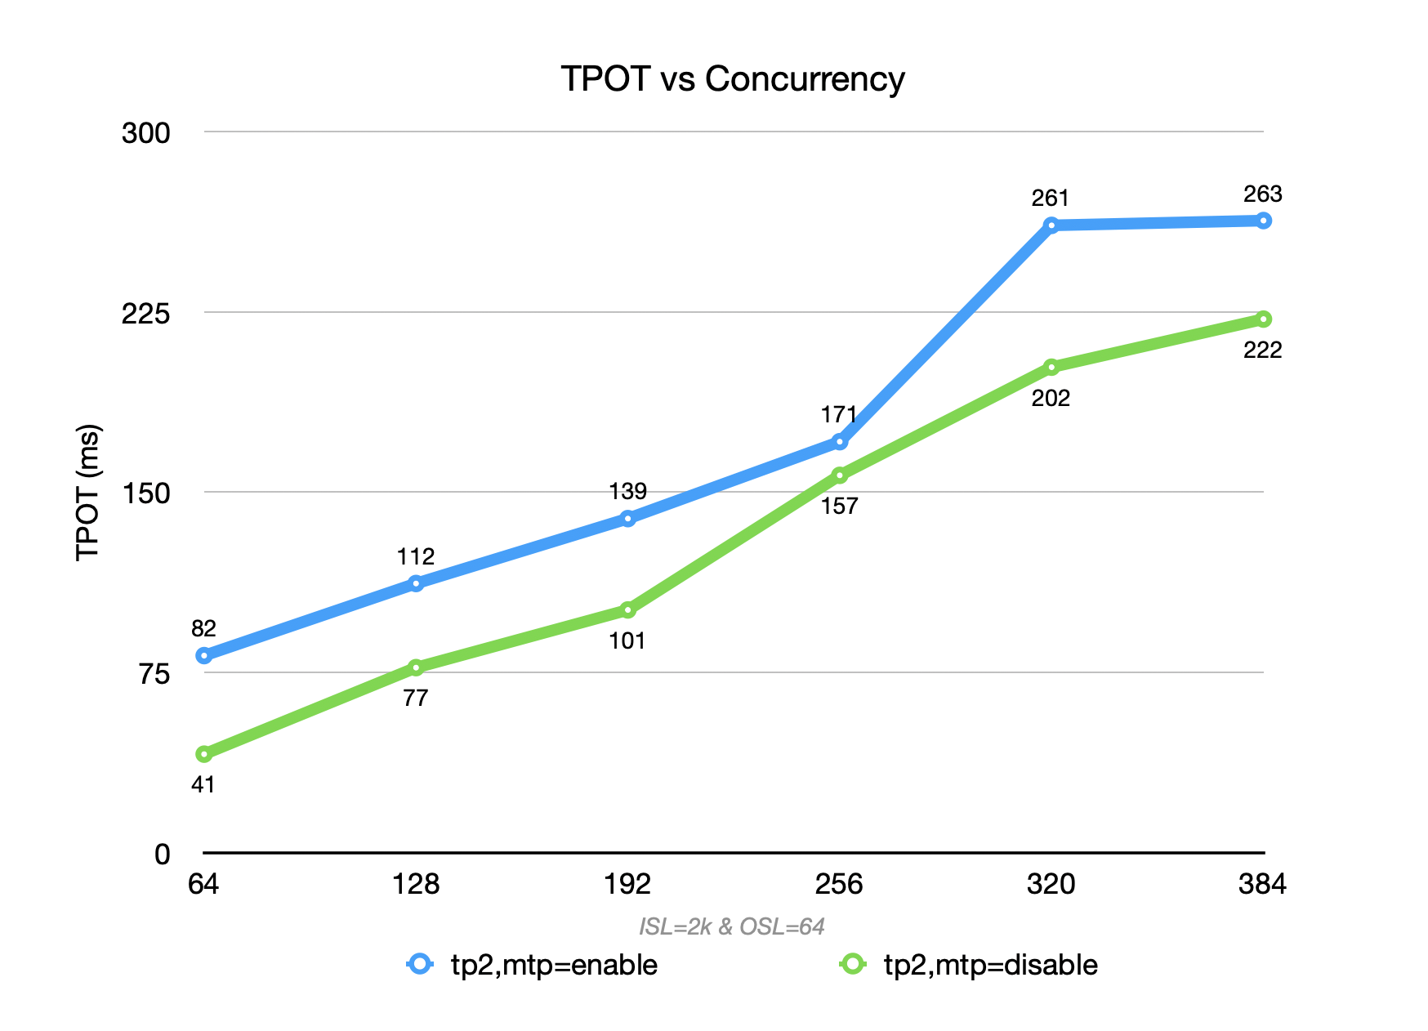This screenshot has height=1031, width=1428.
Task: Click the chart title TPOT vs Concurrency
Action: point(732,79)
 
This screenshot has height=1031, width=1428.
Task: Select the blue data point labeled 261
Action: point(1051,225)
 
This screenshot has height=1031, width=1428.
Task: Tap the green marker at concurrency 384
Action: point(1263,319)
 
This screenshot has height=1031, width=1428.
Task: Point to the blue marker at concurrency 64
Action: point(204,655)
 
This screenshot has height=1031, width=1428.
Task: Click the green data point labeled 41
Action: point(204,753)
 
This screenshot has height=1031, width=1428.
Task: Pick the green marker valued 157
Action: point(840,475)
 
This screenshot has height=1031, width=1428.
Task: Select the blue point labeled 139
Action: point(627,518)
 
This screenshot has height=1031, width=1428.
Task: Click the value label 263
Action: point(1262,194)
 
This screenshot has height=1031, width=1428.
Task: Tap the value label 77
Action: point(416,698)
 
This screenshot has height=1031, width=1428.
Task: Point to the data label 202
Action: point(1051,399)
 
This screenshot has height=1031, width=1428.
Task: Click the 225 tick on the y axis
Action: point(145,313)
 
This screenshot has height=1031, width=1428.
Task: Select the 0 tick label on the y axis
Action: point(163,854)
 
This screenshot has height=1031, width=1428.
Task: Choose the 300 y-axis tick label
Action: point(145,132)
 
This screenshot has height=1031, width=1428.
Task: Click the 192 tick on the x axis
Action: point(627,884)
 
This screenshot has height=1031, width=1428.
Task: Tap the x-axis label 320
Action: point(1051,884)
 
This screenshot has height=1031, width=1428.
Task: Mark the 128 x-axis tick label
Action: point(416,884)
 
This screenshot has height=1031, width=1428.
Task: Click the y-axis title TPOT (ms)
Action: point(87,492)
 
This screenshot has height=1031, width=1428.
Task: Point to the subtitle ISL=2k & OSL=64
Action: point(731,926)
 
